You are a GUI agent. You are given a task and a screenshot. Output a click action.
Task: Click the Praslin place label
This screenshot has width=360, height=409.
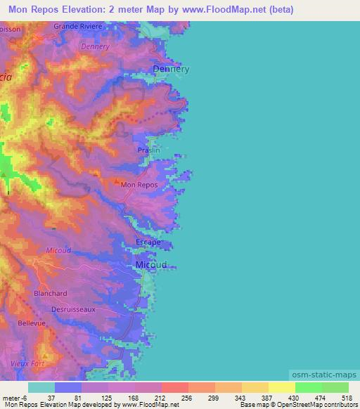[148, 150]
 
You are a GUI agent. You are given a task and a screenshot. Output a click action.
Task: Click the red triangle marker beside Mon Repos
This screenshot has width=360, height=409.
[117, 182]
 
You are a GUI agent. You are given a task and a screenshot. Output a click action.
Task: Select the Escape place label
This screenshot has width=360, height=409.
[148, 242]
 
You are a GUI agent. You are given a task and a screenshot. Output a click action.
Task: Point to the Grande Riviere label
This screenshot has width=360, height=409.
[78, 26]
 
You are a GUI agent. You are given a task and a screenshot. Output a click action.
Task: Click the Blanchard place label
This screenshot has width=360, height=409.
[50, 293]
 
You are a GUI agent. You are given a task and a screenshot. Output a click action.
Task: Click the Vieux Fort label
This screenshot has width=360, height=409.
[28, 363]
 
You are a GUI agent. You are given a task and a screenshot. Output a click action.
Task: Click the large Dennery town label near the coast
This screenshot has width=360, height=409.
[172, 70]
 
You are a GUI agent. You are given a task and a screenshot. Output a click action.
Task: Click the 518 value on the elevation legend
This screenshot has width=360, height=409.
[345, 398]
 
